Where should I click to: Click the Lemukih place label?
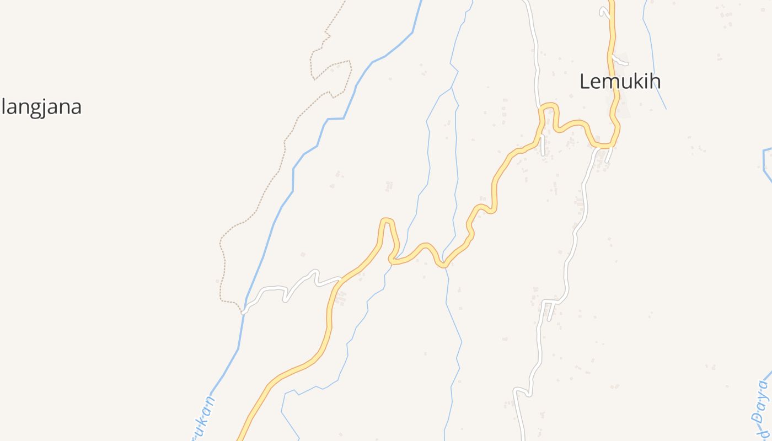click(620, 82)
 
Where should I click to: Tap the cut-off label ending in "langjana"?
click(41, 106)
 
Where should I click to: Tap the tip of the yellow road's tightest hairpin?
click(387, 220)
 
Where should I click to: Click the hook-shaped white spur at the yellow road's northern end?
click(603, 11)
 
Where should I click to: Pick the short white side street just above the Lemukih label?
click(620, 62)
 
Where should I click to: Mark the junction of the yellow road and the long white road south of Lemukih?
click(598, 147)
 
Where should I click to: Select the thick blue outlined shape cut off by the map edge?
click(766, 163)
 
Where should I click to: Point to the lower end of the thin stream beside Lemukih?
click(666, 108)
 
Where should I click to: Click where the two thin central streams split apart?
click(452, 88)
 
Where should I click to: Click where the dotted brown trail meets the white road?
click(243, 312)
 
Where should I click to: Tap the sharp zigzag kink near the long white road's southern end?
click(522, 391)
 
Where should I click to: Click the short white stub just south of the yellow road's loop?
click(543, 146)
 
